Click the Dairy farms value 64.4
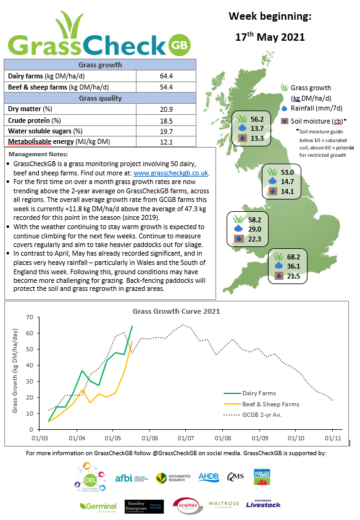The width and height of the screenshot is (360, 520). point(165,76)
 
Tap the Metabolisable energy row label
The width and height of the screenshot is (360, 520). point(59,142)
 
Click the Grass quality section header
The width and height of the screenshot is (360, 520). point(100,98)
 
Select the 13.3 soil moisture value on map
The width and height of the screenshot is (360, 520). point(257,139)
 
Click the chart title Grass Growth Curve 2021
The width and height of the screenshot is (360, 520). point(176,311)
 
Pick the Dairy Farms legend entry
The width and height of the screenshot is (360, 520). point(260,392)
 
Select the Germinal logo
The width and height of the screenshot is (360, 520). point(98,505)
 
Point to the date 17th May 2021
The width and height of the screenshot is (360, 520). point(270,37)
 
